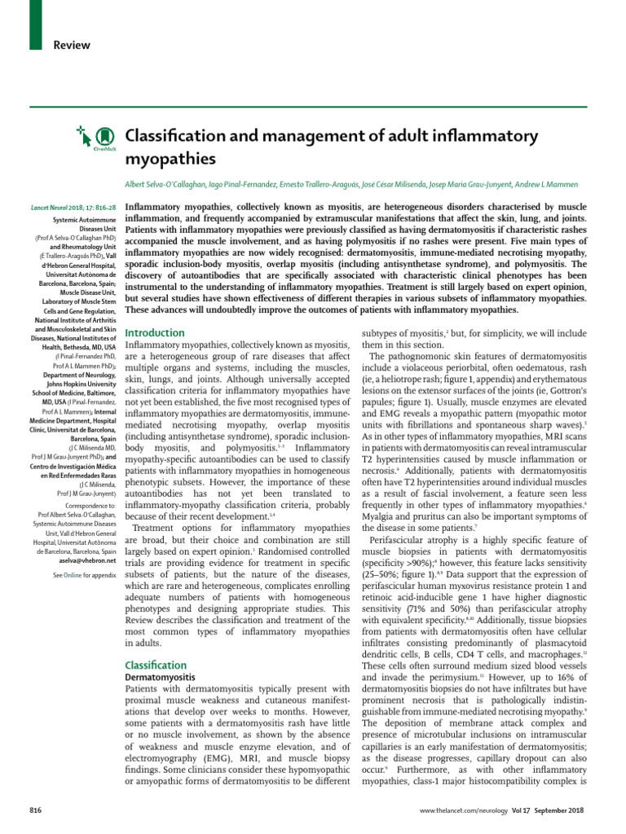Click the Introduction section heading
[x=155, y=333]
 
